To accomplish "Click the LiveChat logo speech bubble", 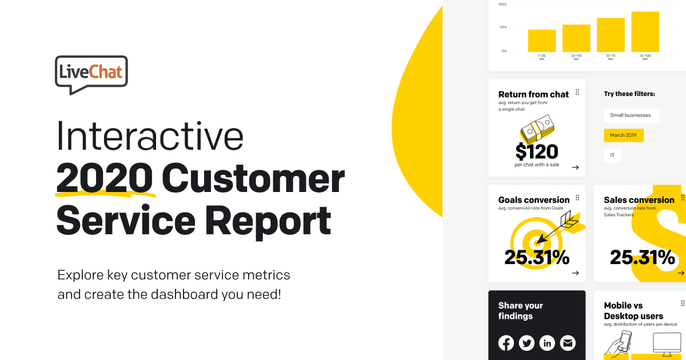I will pyautogui.click(x=91, y=73).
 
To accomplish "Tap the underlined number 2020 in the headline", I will pyautogui.click(x=105, y=179).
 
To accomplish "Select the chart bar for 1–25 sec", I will pyautogui.click(x=541, y=41).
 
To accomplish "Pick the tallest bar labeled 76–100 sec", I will pyautogui.click(x=645, y=31).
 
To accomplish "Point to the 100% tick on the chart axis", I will pyautogui.click(x=502, y=5).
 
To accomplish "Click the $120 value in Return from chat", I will pyautogui.click(x=536, y=151).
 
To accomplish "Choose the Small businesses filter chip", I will pyautogui.click(x=631, y=115).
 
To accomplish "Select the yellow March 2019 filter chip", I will pyautogui.click(x=624, y=135).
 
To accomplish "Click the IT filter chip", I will pyautogui.click(x=612, y=155).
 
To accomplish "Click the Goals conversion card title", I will pyautogui.click(x=533, y=200).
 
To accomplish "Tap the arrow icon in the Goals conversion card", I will pyautogui.click(x=575, y=273).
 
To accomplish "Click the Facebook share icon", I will pyautogui.click(x=506, y=343).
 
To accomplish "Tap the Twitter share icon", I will pyautogui.click(x=527, y=343).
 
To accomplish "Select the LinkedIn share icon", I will pyautogui.click(x=547, y=343).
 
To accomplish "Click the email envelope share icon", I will pyautogui.click(x=568, y=343).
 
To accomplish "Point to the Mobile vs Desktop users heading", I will pyautogui.click(x=633, y=311).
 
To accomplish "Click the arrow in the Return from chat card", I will pyautogui.click(x=575, y=167).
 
